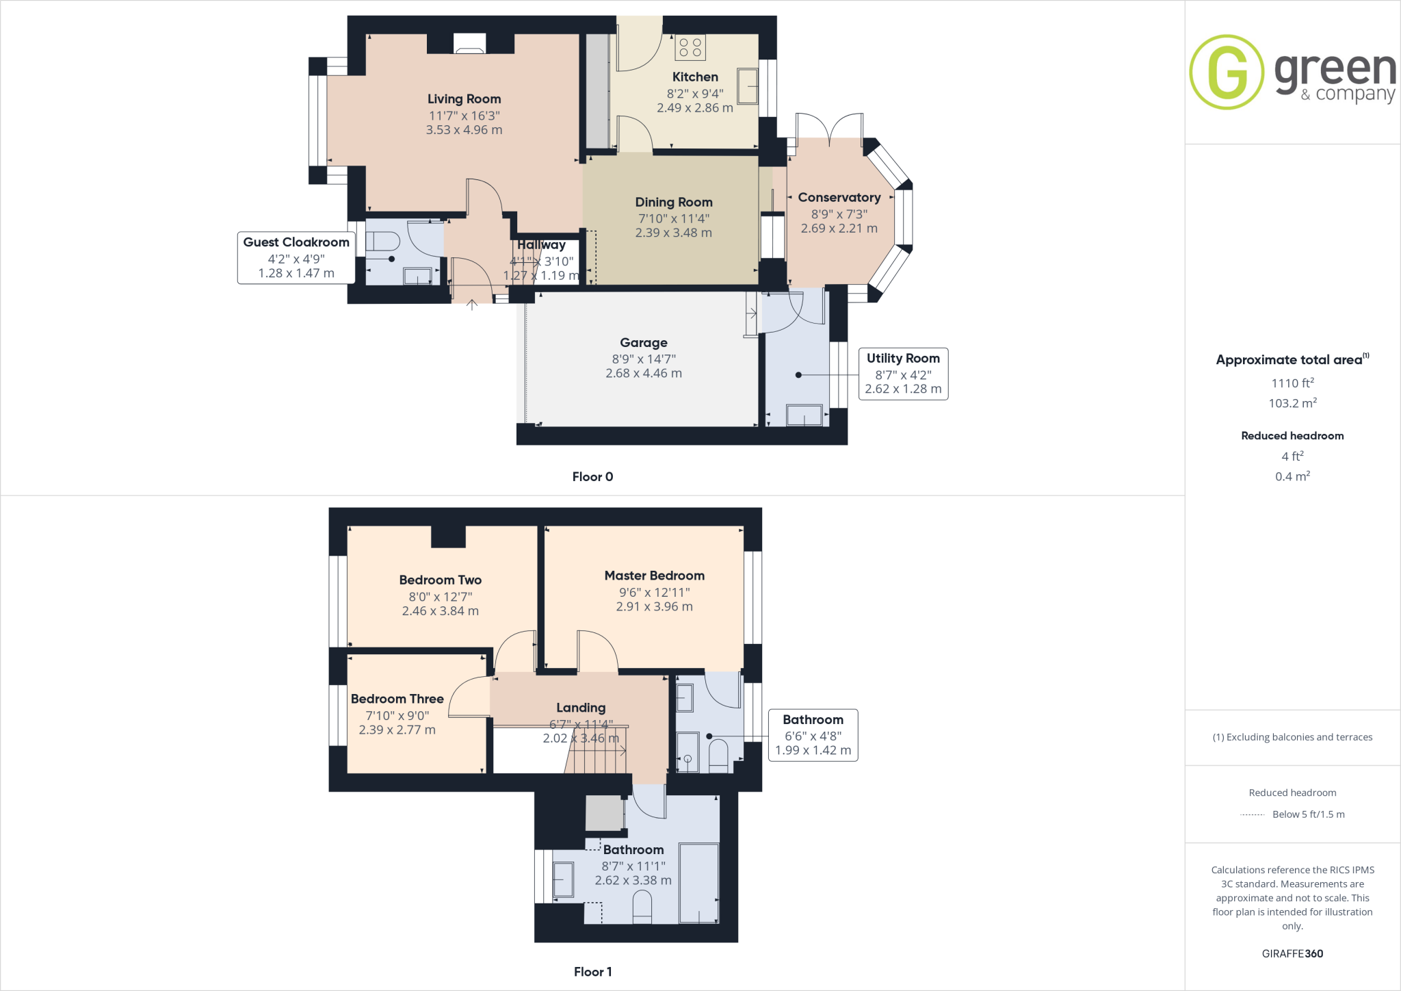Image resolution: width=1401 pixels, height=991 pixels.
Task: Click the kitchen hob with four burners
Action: (690, 47)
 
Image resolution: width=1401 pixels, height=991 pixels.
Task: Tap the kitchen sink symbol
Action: (748, 86)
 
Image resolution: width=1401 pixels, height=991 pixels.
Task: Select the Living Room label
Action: (464, 99)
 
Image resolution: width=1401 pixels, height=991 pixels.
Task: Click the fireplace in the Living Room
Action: (469, 44)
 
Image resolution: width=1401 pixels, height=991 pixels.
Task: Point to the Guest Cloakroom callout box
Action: (296, 257)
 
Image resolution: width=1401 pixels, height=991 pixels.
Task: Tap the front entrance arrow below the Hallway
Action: (472, 305)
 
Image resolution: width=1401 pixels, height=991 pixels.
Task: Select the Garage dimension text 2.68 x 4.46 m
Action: (643, 374)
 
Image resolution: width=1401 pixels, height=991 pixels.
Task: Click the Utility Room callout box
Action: (903, 374)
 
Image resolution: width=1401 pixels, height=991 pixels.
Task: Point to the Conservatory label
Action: (839, 198)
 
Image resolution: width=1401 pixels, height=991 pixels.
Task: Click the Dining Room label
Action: (673, 203)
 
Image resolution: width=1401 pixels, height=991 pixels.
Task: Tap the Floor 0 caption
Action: (592, 477)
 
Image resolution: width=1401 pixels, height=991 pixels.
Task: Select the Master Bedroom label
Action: (654, 576)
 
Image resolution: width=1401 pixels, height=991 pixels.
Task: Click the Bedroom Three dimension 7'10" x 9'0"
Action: (397, 716)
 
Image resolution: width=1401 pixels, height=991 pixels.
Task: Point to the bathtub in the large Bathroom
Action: (698, 883)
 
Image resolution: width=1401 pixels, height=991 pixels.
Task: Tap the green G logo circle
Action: (1227, 72)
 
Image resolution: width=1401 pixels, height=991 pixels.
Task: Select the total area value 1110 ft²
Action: (1292, 383)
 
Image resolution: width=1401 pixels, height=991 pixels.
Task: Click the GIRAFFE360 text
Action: (1292, 953)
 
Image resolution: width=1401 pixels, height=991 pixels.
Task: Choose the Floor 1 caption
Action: (592, 972)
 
